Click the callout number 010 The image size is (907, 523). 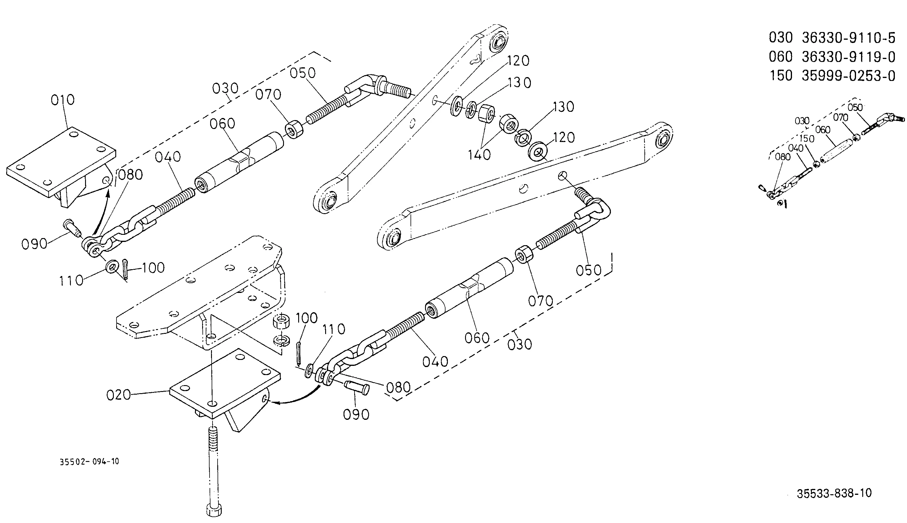point(63,100)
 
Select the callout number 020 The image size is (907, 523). point(119,395)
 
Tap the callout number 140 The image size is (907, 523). point(479,155)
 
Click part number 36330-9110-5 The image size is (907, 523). point(849,38)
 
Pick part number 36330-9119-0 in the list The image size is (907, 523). point(849,57)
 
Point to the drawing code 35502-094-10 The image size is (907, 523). point(89,462)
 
